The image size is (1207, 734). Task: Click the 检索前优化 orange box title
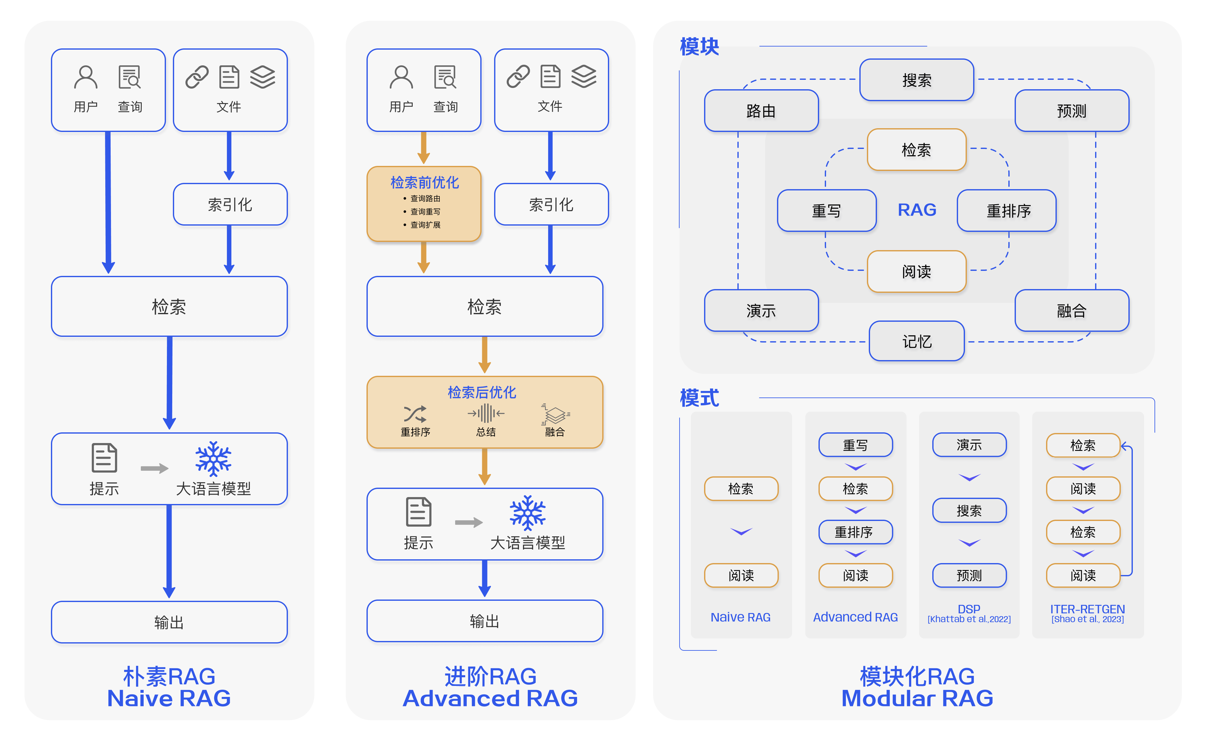(x=424, y=183)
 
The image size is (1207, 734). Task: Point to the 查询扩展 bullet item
(x=425, y=225)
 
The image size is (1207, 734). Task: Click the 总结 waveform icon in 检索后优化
(x=485, y=414)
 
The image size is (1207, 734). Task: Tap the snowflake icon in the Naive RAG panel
(x=213, y=459)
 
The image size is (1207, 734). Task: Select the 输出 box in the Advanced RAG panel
(x=484, y=621)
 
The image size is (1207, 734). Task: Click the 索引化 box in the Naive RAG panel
(x=230, y=204)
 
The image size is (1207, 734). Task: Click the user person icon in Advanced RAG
(x=401, y=77)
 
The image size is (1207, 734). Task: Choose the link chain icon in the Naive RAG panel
(x=197, y=77)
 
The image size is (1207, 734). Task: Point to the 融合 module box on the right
(x=1071, y=310)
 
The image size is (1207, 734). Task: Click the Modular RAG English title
(x=917, y=698)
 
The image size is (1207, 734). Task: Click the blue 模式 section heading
(x=699, y=397)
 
